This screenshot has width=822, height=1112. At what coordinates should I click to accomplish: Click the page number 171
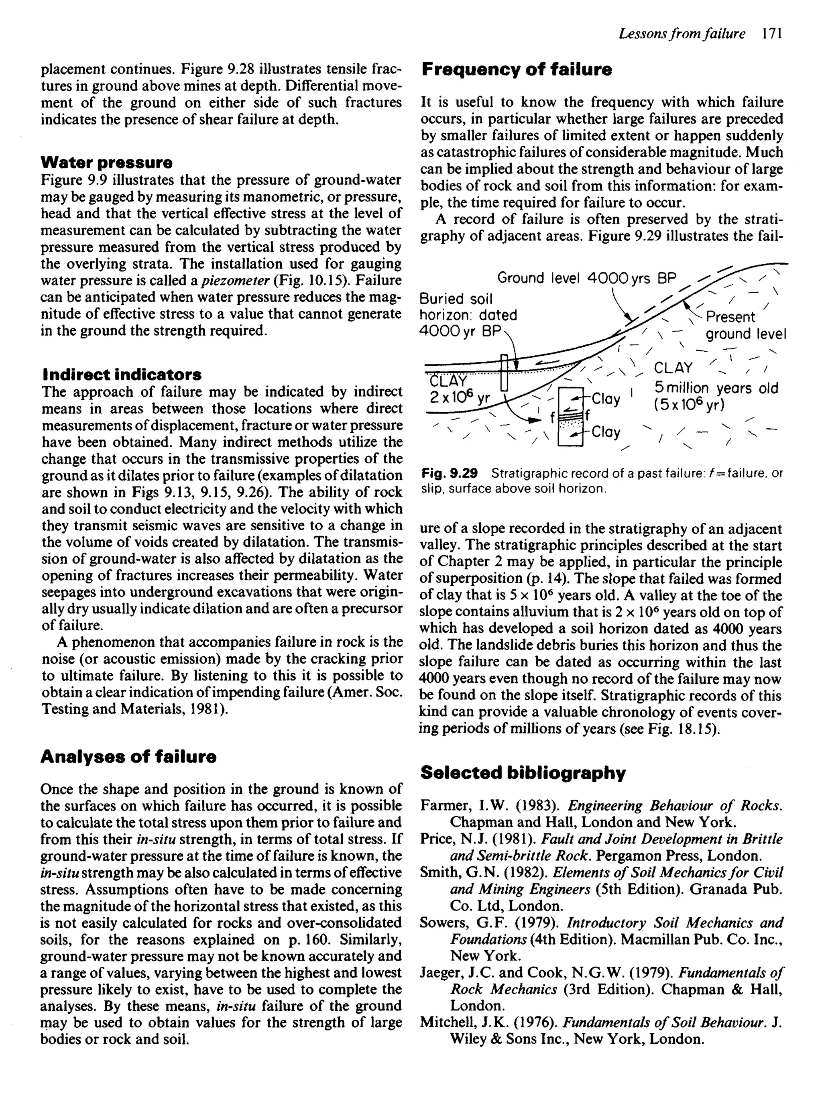pyautogui.click(x=772, y=34)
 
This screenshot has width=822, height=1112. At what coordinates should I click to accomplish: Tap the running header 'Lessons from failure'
pyautogui.click(x=682, y=34)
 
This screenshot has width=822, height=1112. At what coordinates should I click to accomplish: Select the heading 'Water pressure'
pyautogui.click(x=106, y=162)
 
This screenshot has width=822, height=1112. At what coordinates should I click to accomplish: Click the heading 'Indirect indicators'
pyautogui.click(x=122, y=374)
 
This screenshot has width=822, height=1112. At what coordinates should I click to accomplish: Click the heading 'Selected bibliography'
pyautogui.click(x=523, y=773)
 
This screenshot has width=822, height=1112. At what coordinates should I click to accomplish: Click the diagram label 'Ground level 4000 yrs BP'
pyautogui.click(x=587, y=278)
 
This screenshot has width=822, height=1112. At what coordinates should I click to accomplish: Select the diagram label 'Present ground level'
pyautogui.click(x=745, y=326)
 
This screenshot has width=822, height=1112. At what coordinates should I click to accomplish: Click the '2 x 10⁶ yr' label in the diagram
pyautogui.click(x=460, y=398)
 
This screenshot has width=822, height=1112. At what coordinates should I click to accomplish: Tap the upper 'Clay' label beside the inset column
pyautogui.click(x=606, y=399)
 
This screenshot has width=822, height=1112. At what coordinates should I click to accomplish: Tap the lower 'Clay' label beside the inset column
pyautogui.click(x=606, y=432)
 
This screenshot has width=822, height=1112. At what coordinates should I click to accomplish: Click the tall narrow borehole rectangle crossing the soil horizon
pyautogui.click(x=504, y=372)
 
